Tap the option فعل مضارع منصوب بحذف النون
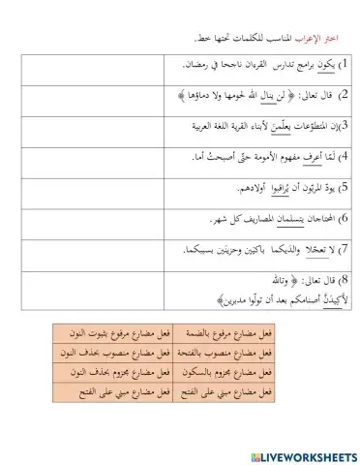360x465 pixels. [x=91, y=354]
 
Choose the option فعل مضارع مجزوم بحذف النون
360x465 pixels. [x=91, y=373]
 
